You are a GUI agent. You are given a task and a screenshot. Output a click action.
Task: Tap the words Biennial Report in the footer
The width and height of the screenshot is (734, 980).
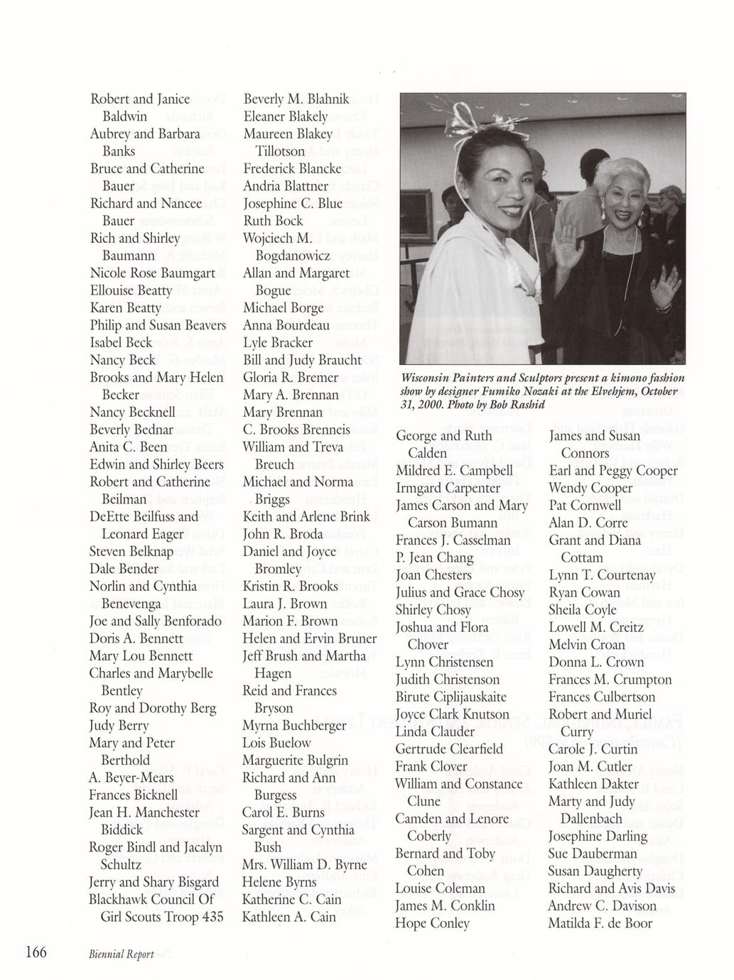point(122,954)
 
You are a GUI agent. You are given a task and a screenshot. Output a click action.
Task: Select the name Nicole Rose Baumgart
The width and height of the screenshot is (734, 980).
point(152,273)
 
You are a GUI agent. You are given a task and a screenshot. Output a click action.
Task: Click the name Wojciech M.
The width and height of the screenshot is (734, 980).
point(278,238)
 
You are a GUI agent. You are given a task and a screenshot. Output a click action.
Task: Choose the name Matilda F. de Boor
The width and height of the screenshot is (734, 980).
point(600,923)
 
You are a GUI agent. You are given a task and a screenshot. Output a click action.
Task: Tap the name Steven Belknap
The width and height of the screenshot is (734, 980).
point(131,551)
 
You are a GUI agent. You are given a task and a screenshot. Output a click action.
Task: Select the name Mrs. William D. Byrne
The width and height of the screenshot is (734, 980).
point(304,864)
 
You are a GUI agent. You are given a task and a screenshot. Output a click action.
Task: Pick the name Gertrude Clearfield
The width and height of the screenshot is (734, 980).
point(449,748)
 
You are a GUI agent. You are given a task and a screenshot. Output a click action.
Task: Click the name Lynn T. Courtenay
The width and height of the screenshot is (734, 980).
point(601,575)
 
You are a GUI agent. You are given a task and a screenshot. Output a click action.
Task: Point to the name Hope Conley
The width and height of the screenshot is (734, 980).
point(433,923)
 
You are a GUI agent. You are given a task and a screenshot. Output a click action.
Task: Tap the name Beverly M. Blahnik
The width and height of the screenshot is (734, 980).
point(296,99)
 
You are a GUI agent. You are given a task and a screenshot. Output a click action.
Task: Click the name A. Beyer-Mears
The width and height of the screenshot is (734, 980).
point(131,778)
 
